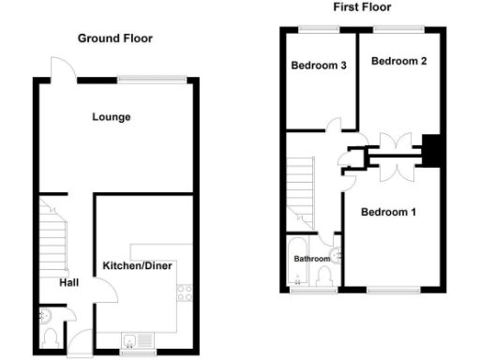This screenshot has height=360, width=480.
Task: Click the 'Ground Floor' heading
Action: [x=114, y=38]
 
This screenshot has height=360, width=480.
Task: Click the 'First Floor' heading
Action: [x=362, y=7]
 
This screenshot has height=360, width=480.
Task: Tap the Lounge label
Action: [x=111, y=117]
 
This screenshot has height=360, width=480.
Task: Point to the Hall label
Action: [x=69, y=282]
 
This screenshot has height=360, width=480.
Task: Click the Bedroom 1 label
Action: [x=389, y=212]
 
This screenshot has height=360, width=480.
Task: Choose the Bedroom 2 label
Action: [x=399, y=62]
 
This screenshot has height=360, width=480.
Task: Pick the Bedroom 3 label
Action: [x=319, y=66]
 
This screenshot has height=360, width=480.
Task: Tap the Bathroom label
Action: [x=312, y=259]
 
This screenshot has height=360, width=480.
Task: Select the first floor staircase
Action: [x=302, y=188]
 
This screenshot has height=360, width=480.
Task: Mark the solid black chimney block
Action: [x=434, y=150]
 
